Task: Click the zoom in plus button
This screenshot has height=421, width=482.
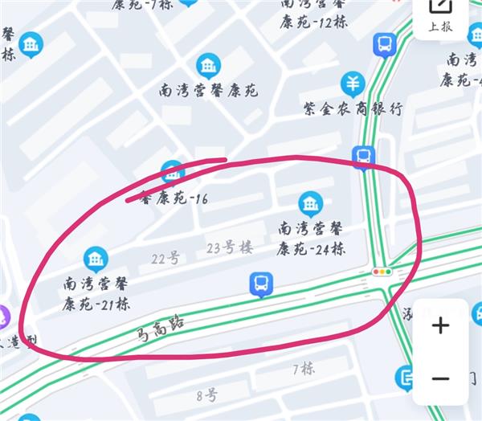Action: coord(440,325)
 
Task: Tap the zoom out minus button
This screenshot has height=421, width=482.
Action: coord(440,378)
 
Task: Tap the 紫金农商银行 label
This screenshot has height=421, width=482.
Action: coord(352,108)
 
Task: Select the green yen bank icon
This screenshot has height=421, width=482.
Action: coord(352,82)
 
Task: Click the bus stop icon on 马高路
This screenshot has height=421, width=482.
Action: coord(260,284)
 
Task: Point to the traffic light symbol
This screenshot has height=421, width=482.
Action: coord(382,272)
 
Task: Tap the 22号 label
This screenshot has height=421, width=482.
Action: coord(165,258)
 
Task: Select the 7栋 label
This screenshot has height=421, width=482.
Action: coord(303,368)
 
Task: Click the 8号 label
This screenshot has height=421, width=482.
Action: coord(206,394)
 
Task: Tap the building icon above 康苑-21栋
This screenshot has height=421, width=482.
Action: coord(96,259)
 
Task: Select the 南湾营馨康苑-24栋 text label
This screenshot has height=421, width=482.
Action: coord(311,239)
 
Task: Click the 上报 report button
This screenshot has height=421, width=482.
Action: coord(439,16)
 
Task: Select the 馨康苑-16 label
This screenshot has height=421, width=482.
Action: coord(173,197)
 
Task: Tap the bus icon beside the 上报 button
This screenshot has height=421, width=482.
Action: coord(385,43)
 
